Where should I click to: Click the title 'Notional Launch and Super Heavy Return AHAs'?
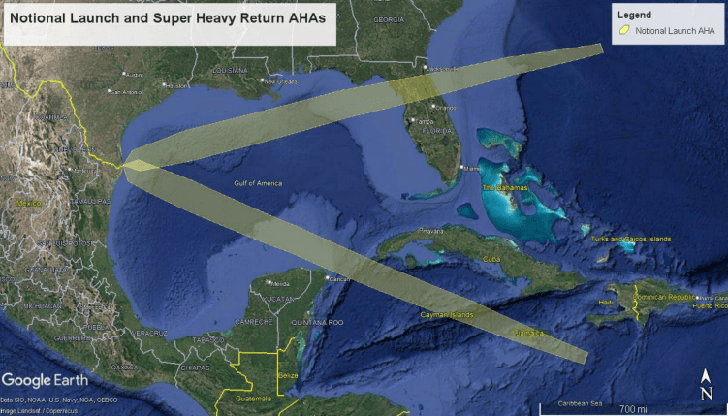170,22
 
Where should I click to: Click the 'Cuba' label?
491,260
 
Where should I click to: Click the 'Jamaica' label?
529,332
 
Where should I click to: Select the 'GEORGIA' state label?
389,19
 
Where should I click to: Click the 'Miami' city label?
472,169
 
